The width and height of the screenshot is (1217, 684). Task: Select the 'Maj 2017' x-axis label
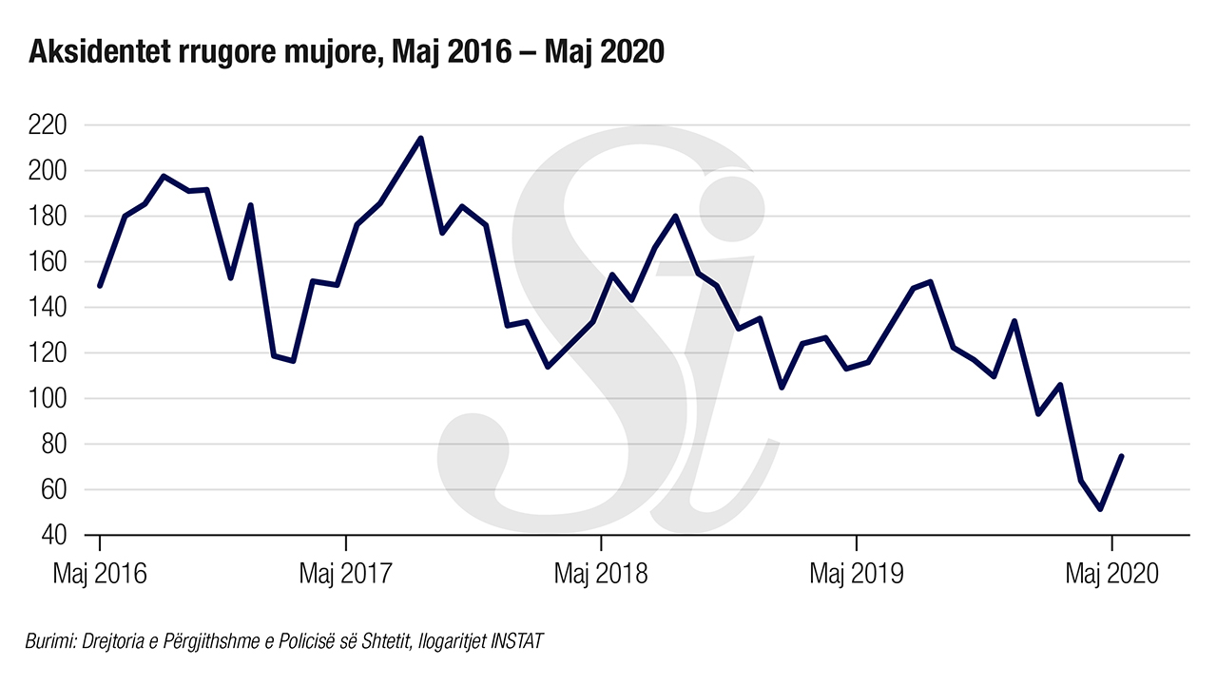pos(345,574)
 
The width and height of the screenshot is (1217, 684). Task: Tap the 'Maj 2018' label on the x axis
pos(600,574)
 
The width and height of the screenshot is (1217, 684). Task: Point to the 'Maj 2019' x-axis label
pos(856,574)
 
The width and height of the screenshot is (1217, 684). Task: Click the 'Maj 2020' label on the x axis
pos(1111,574)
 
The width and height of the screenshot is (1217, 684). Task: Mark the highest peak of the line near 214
pos(420,139)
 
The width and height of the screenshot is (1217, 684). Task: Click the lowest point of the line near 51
pos(1100,509)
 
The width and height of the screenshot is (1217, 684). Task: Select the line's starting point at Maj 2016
pos(100,285)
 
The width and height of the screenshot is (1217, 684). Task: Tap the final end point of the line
pos(1122,456)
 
